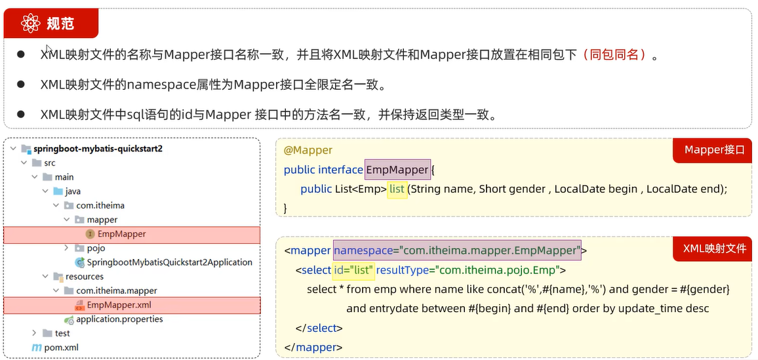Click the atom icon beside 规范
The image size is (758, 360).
(30, 24)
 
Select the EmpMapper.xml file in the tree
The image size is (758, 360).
(119, 305)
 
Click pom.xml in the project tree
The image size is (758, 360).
(61, 348)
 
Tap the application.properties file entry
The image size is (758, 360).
(119, 319)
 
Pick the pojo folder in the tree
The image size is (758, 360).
(96, 248)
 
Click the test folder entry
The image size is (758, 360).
(62, 333)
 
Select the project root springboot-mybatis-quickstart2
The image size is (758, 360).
(98, 148)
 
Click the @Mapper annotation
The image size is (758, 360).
(308, 150)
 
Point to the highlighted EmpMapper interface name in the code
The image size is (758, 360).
(397, 170)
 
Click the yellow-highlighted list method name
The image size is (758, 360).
(397, 189)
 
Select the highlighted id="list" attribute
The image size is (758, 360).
(353, 270)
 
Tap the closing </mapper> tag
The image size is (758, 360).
(313, 347)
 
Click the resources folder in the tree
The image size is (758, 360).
(85, 277)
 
